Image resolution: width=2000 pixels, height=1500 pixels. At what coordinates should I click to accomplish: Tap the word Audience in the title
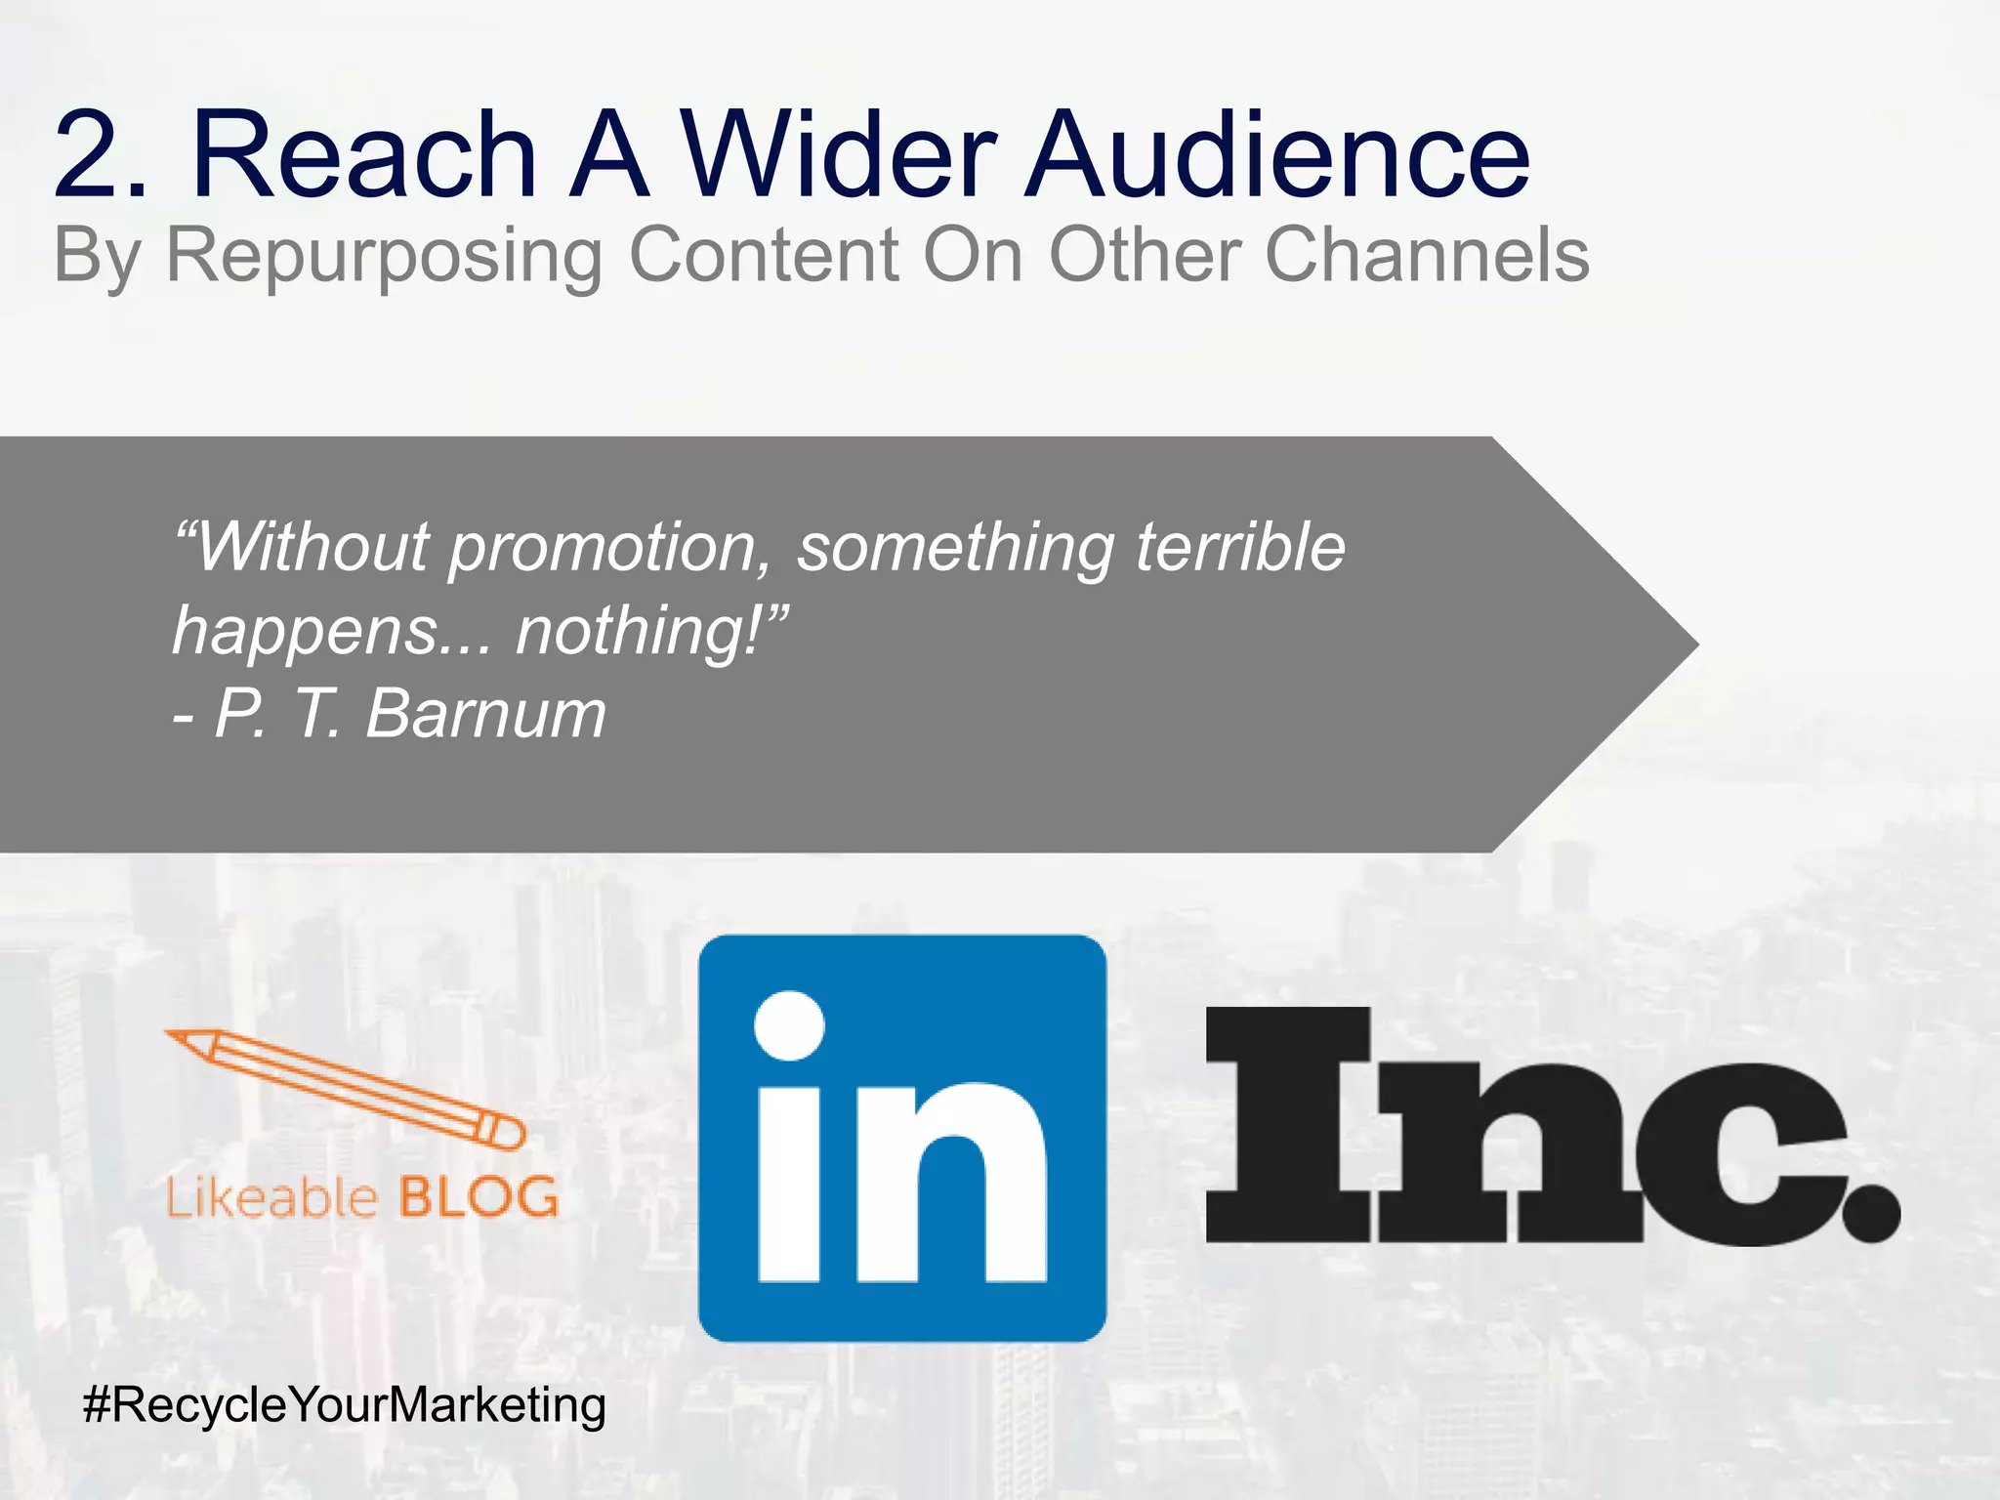tap(1279, 154)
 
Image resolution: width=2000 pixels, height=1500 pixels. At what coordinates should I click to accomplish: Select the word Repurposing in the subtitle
tap(385, 256)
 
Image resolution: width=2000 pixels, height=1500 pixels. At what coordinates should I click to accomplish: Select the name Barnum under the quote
tap(485, 714)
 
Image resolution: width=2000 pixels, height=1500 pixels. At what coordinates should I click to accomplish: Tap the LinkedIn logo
tap(902, 1138)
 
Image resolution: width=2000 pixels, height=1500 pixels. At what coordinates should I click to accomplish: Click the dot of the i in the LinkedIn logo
tap(789, 1025)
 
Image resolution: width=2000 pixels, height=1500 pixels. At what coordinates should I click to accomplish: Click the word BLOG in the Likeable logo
tap(478, 1197)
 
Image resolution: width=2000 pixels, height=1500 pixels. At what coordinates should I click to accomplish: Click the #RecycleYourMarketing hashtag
tap(345, 1405)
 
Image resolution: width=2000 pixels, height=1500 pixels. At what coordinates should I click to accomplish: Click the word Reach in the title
tap(364, 154)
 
